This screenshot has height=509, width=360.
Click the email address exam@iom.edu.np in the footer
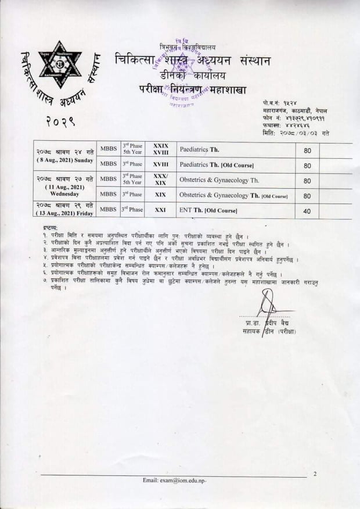pyautogui.click(x=174, y=481)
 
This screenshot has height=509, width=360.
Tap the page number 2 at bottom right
pyautogui.click(x=315, y=474)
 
